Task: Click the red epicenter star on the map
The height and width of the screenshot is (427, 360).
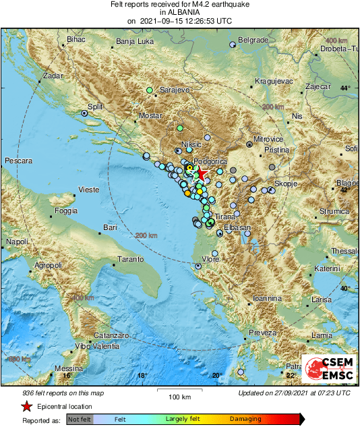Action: [x=202, y=175]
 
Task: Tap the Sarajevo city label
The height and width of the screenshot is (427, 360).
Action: [x=176, y=90]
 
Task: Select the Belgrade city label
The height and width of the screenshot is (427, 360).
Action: [x=253, y=40]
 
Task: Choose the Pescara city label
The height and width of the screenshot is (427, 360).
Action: [x=18, y=162]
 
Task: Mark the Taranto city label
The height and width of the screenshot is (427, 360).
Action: [x=131, y=259]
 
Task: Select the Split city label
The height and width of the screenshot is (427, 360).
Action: [x=95, y=107]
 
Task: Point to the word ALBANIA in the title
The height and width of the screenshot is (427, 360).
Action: [x=179, y=12]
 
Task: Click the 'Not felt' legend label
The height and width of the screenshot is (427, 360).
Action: [x=80, y=419]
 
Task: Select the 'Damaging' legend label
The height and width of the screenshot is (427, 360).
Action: [x=245, y=419]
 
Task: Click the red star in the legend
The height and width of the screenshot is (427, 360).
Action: [x=26, y=407]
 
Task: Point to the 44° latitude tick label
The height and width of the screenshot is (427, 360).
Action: [x=345, y=88]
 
